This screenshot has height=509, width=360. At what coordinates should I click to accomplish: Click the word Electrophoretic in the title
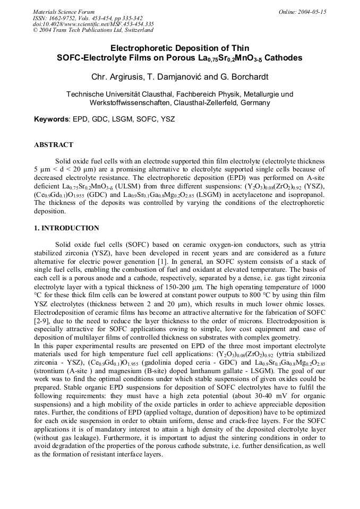[x=140, y=48]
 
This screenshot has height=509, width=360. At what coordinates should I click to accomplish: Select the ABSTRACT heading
[x=54, y=144]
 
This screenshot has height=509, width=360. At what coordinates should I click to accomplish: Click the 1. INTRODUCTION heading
[x=66, y=228]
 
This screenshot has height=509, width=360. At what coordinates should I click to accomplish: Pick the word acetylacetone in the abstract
[x=258, y=202]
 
